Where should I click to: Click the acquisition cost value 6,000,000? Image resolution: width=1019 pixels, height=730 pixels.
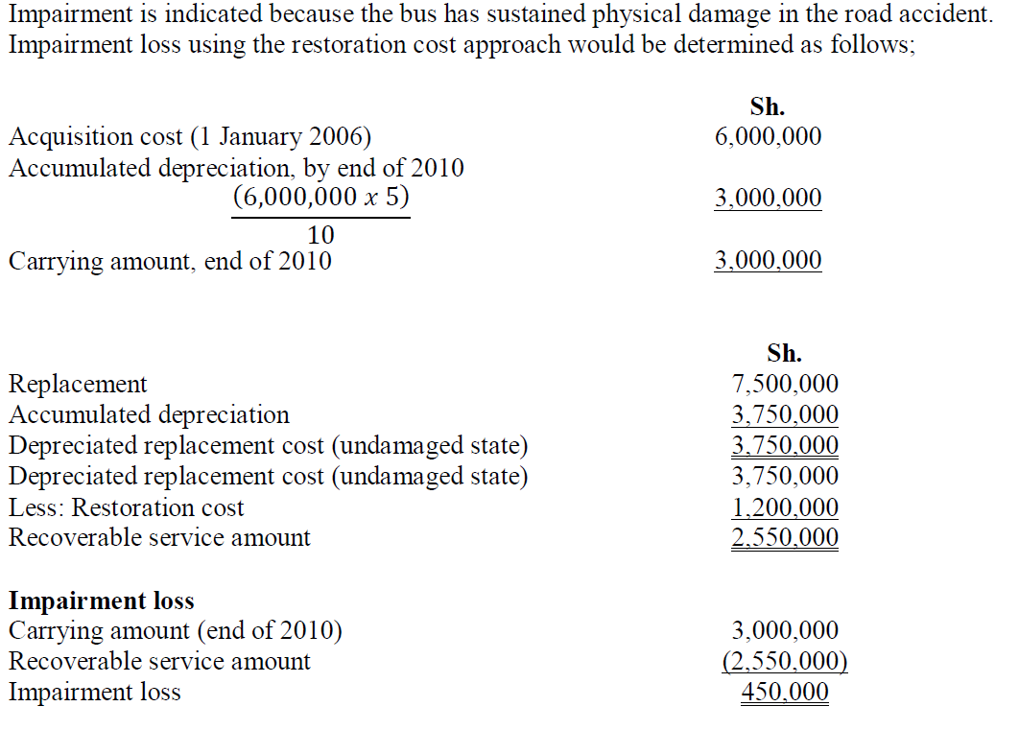coord(768,136)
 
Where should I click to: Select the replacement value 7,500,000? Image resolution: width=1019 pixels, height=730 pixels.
coord(785,384)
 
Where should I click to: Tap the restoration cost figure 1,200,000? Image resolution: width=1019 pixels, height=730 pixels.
coord(785,507)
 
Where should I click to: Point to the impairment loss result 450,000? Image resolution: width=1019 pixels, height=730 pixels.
coord(785,692)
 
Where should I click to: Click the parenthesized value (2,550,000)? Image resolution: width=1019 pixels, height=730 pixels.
coord(785,661)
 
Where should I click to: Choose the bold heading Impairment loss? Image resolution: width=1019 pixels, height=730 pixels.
coord(102,600)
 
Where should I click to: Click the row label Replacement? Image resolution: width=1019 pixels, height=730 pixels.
coord(78,384)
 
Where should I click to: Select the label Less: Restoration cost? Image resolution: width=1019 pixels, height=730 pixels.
coord(126,507)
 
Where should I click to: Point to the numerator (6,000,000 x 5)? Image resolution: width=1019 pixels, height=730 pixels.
coord(320,198)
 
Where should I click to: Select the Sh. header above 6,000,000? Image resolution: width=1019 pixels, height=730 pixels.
coord(768,106)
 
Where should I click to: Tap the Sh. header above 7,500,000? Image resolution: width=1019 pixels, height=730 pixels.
coord(785,353)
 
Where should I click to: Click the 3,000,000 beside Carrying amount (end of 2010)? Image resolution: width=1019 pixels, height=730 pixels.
coord(785,630)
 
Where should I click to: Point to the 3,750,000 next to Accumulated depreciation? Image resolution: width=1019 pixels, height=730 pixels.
coord(785,414)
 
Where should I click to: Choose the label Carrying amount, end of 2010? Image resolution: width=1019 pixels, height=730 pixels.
coord(170,261)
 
